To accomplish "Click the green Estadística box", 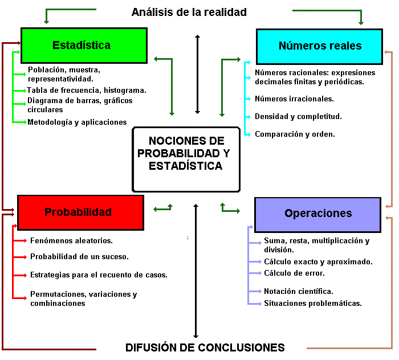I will point(84,45).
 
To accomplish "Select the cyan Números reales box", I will point(320,46).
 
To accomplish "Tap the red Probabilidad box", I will point(78,212).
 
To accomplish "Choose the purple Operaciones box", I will point(317,214).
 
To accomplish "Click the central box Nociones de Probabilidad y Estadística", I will point(186,159).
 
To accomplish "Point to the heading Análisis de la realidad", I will point(189,12).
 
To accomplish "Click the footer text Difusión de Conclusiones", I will point(205,347).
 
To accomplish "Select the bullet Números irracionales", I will point(294,99).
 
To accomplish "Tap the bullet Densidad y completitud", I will point(298,116).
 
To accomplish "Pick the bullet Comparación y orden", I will point(295,134).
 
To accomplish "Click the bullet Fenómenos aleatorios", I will point(71,241).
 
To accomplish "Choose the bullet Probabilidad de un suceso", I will point(79,256).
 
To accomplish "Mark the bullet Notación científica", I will point(306,292).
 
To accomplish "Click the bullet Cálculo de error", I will point(294,273).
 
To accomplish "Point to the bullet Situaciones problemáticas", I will point(312,303).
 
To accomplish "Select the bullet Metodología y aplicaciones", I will point(77,122).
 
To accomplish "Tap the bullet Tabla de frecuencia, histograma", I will point(87,90).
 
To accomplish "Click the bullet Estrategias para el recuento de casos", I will point(99,275).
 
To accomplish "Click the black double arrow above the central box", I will point(197,74).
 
